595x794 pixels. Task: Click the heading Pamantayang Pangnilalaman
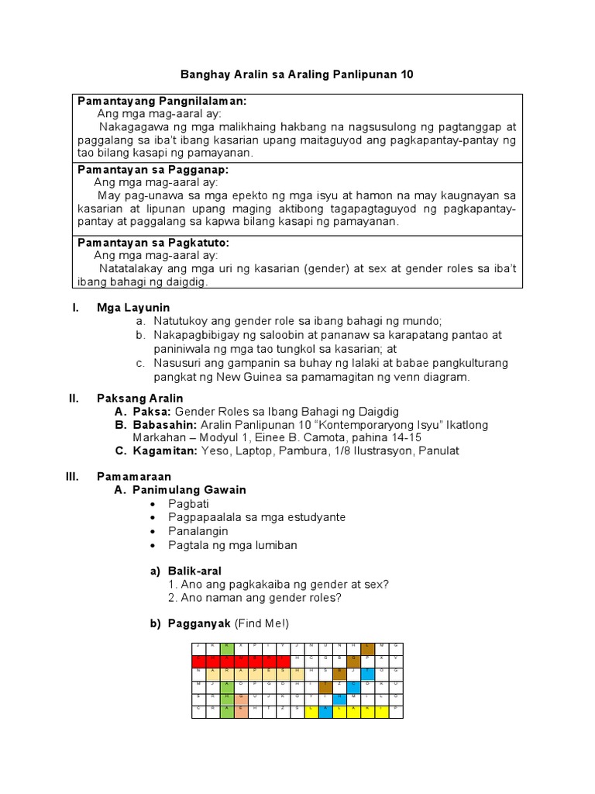point(162,101)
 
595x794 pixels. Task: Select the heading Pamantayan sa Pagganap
point(153,169)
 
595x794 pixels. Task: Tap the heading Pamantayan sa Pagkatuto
point(153,242)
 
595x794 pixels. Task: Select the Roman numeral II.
point(74,398)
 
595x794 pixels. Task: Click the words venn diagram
point(434,377)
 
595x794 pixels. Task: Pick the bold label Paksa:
point(153,411)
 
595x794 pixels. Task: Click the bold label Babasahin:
point(165,425)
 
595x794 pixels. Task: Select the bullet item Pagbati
point(189,503)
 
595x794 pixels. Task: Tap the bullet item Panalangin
point(198,531)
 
